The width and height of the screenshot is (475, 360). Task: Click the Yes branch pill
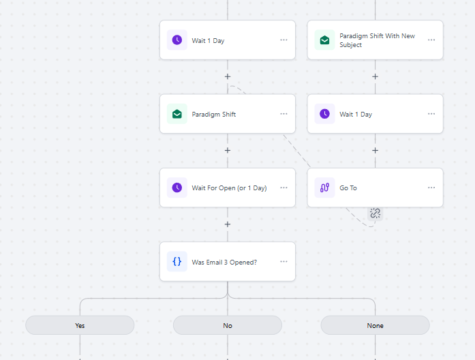[80, 325]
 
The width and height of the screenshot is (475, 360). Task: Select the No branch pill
[228, 325]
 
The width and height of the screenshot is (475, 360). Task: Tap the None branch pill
[375, 325]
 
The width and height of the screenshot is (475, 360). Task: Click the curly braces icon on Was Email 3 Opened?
[177, 262]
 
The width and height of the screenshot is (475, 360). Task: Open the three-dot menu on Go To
[431, 187]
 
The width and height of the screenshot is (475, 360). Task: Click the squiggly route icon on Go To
[325, 187]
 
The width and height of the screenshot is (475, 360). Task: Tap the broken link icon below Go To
[375, 213]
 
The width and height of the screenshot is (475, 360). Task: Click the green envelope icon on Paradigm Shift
[177, 114]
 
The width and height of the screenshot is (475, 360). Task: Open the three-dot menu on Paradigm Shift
[284, 114]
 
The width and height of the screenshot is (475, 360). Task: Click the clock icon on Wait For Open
[177, 187]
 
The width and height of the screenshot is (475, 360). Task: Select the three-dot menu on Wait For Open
[284, 187]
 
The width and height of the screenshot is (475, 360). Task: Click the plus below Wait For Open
[228, 224]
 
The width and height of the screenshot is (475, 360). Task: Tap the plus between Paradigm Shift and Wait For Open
[228, 150]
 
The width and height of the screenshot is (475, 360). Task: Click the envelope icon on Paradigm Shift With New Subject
[325, 40]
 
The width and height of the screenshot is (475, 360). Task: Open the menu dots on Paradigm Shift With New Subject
[431, 40]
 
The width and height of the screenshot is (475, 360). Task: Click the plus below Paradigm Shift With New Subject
[375, 76]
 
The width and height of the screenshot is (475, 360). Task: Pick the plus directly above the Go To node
[375, 150]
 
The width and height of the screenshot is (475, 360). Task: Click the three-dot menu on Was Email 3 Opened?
[284, 261]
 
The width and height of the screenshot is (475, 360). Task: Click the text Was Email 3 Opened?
[224, 262]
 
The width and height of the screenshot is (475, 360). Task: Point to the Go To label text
[348, 188]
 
